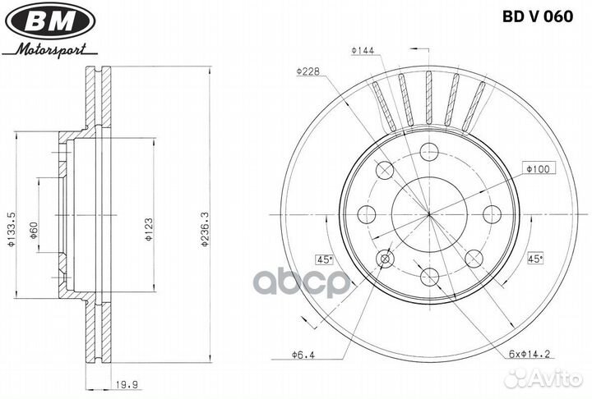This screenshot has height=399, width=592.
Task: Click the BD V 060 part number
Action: pyautogui.click(x=538, y=17)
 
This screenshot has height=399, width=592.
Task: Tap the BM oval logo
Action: pyautogui.click(x=50, y=20)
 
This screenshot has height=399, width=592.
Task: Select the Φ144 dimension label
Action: pyautogui.click(x=363, y=51)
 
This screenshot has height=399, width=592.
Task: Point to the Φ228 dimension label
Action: pyautogui.click(x=308, y=71)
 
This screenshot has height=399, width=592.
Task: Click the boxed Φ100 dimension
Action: pyautogui.click(x=539, y=168)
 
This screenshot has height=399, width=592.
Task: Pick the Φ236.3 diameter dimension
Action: pyautogui.click(x=205, y=229)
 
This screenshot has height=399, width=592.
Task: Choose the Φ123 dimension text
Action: pyautogui.click(x=148, y=229)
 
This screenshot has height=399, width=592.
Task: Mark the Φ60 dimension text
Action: pyautogui.click(x=34, y=231)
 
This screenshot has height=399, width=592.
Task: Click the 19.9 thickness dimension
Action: pyautogui.click(x=127, y=385)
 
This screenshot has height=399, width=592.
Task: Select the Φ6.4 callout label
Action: pyautogui.click(x=303, y=355)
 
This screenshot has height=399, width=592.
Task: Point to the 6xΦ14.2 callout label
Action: pyautogui.click(x=530, y=354)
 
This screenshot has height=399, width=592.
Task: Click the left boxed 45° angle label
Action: pyautogui.click(x=324, y=259)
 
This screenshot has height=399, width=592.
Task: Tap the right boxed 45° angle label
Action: pyautogui.click(x=534, y=259)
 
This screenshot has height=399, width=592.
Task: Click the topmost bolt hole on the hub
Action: pyautogui.click(x=429, y=152)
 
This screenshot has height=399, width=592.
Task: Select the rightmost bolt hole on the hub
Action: pyautogui.click(x=493, y=214)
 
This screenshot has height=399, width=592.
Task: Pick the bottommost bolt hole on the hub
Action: pyautogui.click(x=429, y=277)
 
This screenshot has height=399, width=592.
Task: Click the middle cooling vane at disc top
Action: pyautogui.click(x=429, y=98)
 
